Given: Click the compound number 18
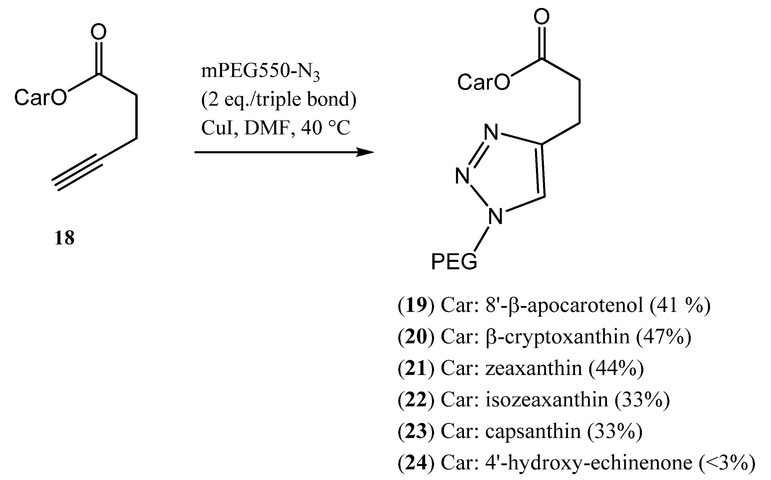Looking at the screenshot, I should tap(65, 238).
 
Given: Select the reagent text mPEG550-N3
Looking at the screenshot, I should tap(260, 72).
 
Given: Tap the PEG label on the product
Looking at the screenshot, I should tap(454, 262).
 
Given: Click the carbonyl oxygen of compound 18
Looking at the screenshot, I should tap(98, 32).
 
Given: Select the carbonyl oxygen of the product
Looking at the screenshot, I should tap(542, 17).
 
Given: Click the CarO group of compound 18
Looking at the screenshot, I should tap(41, 97).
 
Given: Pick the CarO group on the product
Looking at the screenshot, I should tap(483, 82).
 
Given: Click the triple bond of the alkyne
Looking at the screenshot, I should tap(77, 173).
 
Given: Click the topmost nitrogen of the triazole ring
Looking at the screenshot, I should tap(491, 132).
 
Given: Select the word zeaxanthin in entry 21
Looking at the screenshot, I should tap(534, 368).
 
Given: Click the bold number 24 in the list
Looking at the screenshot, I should tap(416, 463).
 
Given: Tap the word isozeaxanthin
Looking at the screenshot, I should tap(547, 400).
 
